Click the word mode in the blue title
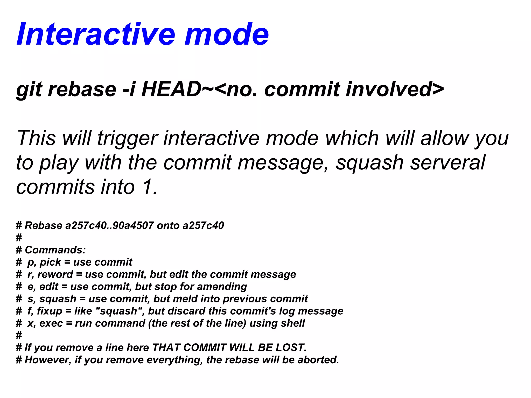[227, 34]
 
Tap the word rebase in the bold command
[82, 89]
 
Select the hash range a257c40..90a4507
[110, 225]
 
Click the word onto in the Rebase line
[168, 225]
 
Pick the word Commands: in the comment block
[55, 250]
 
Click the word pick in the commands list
[50, 262]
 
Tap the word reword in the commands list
[55, 274]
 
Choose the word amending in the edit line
[222, 287]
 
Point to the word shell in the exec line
[293, 323]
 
